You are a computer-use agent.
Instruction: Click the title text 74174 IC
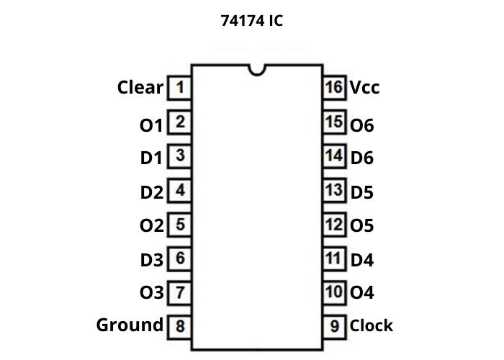pos(251,21)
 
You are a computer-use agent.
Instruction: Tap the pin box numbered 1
pos(179,88)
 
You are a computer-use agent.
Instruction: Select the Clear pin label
pos(140,88)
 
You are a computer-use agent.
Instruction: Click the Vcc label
pos(364,88)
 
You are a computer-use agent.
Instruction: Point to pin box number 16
pos(334,88)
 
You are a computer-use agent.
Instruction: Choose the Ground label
pos(130,325)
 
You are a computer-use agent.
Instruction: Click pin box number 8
pos(179,326)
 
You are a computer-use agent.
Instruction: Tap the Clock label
pos(372,325)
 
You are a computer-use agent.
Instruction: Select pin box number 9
pos(334,326)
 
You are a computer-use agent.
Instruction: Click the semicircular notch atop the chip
pos(256,70)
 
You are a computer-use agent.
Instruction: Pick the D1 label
pos(151,158)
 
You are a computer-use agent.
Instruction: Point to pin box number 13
pos(334,191)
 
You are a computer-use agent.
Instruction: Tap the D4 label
pos(362,260)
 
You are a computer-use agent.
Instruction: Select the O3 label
pos(152,293)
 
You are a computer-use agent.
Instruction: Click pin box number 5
pos(179,225)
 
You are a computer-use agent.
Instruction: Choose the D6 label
pos(362,158)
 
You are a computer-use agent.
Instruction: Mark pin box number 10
pos(334,292)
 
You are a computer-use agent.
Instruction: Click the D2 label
pos(152,192)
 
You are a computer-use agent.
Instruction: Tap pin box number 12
pos(334,225)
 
